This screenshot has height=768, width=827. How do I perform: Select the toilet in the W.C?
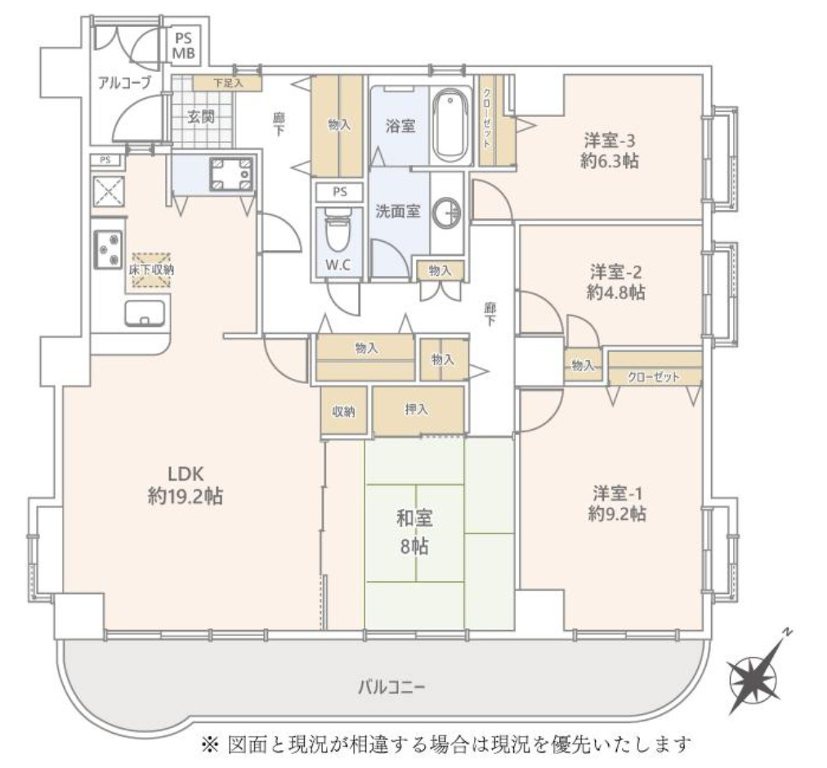point(336,232)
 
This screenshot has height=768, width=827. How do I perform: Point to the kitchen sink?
point(145,313)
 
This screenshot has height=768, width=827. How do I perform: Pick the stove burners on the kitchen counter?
point(108,248)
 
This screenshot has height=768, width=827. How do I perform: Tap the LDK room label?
point(179,473)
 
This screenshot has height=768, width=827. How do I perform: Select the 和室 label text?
point(415,518)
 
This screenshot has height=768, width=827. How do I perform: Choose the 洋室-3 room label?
point(610,139)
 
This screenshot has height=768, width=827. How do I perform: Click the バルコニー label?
point(391,687)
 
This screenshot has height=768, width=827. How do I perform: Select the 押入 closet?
point(418,410)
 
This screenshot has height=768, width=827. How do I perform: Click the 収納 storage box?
point(343,412)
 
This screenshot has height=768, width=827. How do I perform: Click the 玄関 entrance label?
point(200,117)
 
